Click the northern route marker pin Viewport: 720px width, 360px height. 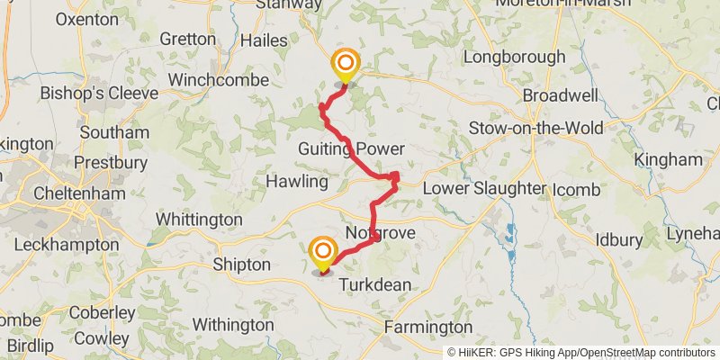pyautogui.click(x=345, y=66)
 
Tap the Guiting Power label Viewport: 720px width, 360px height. pyautogui.click(x=353, y=148)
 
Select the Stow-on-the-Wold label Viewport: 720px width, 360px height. pyautogui.click(x=535, y=128)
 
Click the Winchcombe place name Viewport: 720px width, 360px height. pyautogui.click(x=219, y=80)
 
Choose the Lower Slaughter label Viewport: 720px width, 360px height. pyautogui.click(x=484, y=189)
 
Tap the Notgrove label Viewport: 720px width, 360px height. pyautogui.click(x=380, y=233)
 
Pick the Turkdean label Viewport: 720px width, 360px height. pyautogui.click(x=375, y=284)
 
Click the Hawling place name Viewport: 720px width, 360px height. pyautogui.click(x=297, y=182)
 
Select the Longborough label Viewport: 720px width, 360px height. pyautogui.click(x=515, y=57)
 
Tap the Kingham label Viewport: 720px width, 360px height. pyautogui.click(x=668, y=159)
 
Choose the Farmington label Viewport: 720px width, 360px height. pyautogui.click(x=428, y=327)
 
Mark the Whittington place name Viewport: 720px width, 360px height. pyautogui.click(x=199, y=220)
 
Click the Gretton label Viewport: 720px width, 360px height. pyautogui.click(x=187, y=39)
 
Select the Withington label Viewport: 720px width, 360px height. pyautogui.click(x=233, y=324)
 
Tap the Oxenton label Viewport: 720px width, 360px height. pyautogui.click(x=86, y=19)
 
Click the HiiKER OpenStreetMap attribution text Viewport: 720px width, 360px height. pyautogui.click(x=581, y=353)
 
